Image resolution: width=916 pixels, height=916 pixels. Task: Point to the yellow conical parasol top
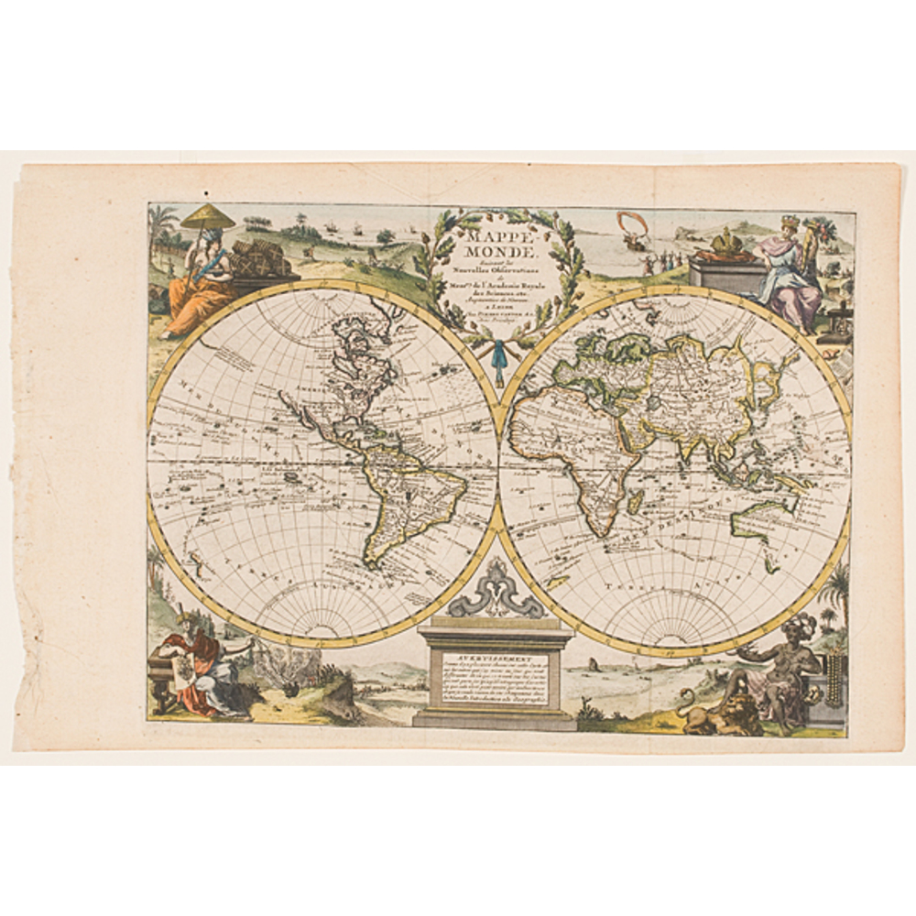(x=207, y=216)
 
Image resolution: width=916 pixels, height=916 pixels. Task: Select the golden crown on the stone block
(x=729, y=244)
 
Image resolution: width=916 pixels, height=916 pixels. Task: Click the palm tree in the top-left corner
(x=166, y=220)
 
